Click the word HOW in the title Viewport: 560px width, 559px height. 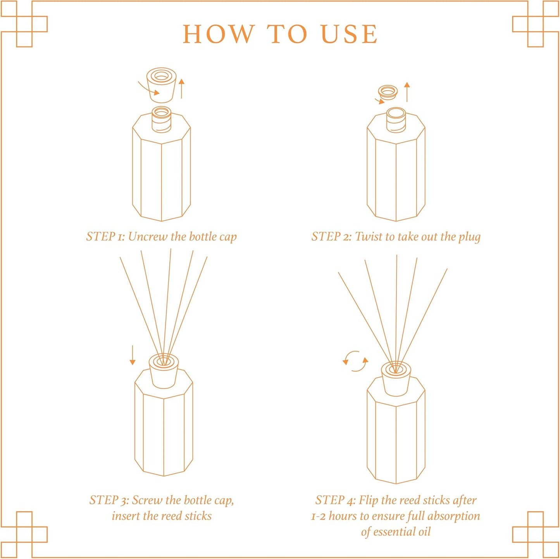click(x=218, y=34)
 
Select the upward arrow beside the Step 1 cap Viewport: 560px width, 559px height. click(x=181, y=88)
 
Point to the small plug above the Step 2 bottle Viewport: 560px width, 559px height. click(x=388, y=92)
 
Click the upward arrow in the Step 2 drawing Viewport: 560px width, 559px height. click(x=407, y=92)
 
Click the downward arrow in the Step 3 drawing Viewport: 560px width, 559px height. click(x=133, y=355)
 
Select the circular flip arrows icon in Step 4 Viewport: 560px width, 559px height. click(x=355, y=361)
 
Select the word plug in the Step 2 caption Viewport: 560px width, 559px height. click(x=469, y=237)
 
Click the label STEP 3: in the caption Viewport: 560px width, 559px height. click(x=109, y=500)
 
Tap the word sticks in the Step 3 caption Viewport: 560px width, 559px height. click(x=198, y=516)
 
